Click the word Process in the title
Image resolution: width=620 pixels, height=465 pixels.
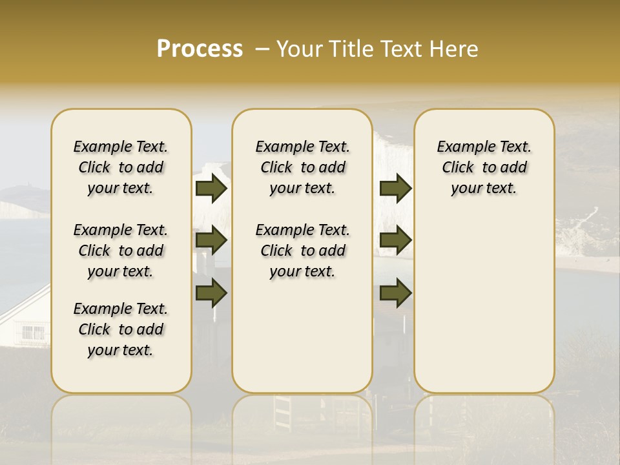pos(200,49)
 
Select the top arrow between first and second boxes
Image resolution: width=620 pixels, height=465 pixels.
pos(211,188)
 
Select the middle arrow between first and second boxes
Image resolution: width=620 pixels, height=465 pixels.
pos(211,240)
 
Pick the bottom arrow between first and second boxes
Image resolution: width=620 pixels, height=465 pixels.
pos(211,293)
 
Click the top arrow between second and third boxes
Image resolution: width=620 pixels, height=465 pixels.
pos(395,188)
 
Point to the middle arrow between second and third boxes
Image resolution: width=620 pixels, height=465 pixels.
pos(395,240)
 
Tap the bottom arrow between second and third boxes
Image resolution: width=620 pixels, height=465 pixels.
pos(395,293)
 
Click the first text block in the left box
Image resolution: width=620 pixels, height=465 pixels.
pos(121,167)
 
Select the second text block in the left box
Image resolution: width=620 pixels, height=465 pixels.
pos(121,251)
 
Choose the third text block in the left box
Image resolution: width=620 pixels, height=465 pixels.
pos(121,329)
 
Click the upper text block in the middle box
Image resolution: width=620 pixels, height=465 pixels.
pos(302,167)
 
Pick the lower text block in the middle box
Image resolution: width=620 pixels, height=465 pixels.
pos(302,251)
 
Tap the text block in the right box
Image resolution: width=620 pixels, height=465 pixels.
pos(484,167)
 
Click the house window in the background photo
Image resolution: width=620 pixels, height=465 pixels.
pos(32,333)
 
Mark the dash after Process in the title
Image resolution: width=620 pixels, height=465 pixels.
pos(262,49)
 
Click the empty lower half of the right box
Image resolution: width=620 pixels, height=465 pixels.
pos(484,310)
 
